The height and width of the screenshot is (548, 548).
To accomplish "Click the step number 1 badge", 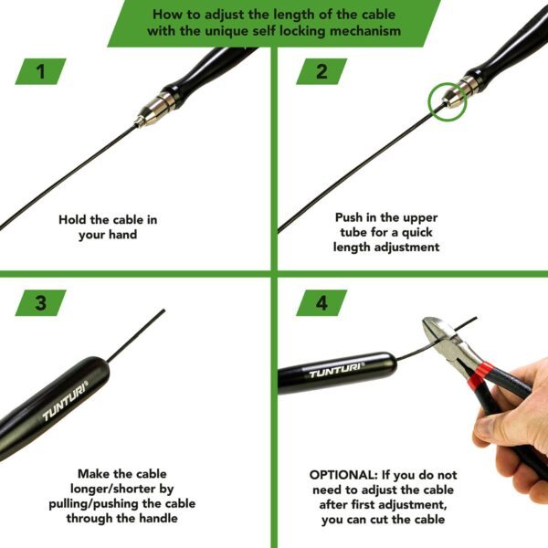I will (40, 71).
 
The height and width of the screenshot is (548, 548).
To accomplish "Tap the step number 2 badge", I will (321, 71).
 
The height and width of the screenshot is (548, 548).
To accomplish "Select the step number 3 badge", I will (40, 302).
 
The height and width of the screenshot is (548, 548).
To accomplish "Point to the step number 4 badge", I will (321, 302).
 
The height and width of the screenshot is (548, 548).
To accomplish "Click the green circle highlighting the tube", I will (448, 102).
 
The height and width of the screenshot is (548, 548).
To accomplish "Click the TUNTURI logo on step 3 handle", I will (65, 401).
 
